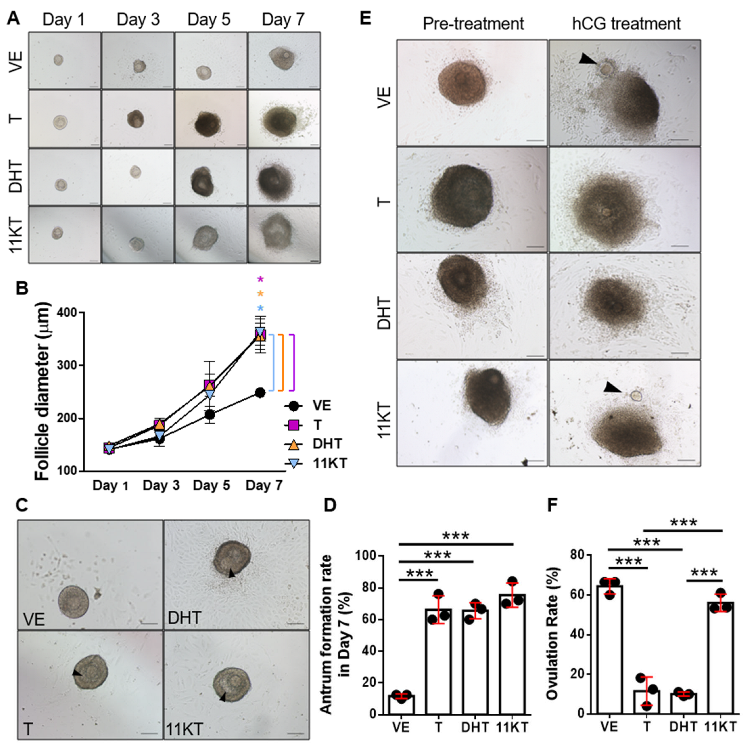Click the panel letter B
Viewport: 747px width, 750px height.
22,288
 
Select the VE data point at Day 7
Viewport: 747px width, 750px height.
260,392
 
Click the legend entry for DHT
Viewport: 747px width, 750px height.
327,444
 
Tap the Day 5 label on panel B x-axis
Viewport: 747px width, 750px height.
211,486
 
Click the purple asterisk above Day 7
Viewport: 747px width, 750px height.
260,279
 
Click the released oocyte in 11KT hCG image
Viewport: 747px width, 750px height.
636,396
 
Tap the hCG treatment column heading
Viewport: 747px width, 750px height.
626,24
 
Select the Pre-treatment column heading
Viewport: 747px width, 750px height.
473,24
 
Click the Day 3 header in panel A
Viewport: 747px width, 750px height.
138,19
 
